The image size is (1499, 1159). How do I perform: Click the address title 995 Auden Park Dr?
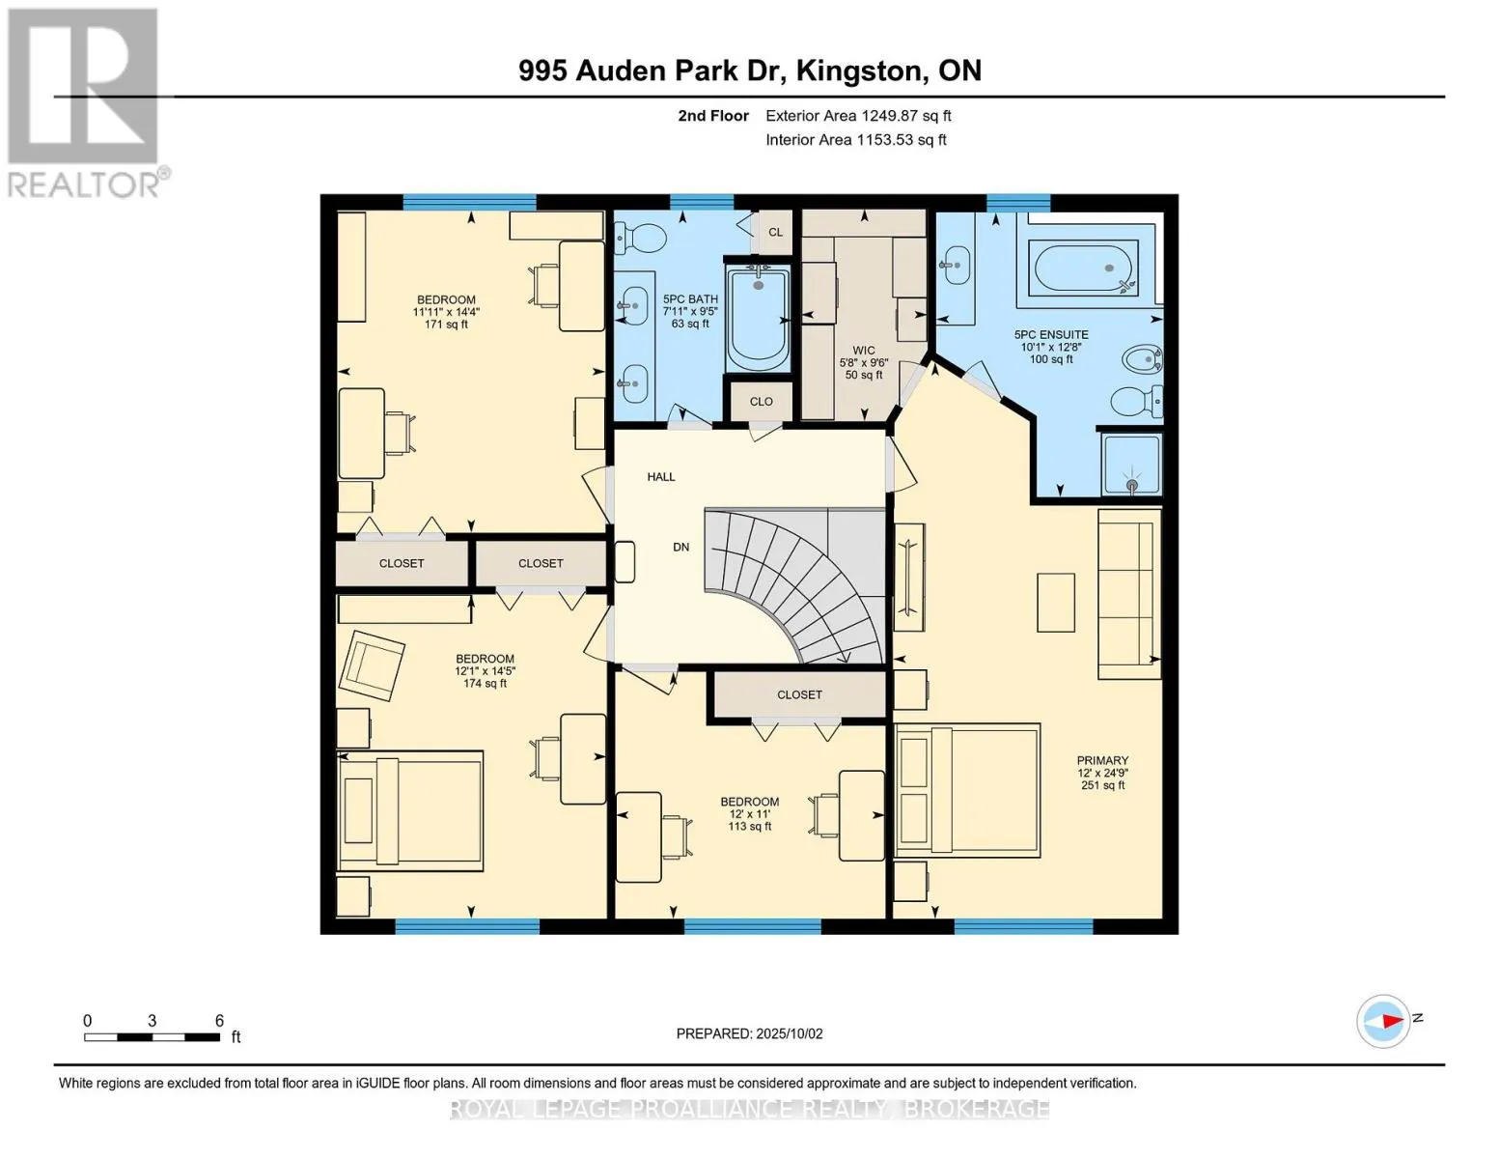tap(749, 71)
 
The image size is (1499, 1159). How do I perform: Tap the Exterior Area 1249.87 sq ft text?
tap(858, 116)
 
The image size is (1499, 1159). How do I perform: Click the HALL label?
tap(661, 477)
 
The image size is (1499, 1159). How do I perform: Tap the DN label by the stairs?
tap(681, 547)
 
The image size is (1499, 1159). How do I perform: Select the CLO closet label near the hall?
tap(761, 402)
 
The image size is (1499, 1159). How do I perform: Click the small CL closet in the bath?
tap(775, 232)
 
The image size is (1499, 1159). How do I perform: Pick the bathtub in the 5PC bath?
tap(758, 318)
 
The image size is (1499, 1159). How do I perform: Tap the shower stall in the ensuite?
tap(1130, 463)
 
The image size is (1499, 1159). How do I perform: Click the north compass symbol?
tap(1383, 1020)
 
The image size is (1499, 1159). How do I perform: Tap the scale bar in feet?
tap(152, 1037)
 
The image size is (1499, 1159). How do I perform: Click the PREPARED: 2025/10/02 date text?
tap(749, 1033)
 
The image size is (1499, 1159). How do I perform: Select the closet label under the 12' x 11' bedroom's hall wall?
tap(799, 694)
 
